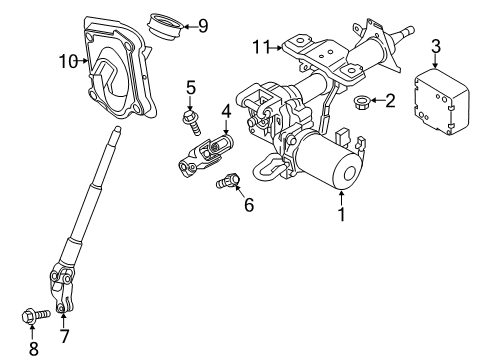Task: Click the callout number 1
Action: coord(342,212)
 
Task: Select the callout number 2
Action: coord(390,100)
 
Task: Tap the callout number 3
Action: coord(435,46)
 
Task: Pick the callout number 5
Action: coord(189,88)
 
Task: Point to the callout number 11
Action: coord(261,47)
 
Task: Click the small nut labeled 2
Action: coord(365,100)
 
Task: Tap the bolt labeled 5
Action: coord(189,122)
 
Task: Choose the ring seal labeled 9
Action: coord(165,21)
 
